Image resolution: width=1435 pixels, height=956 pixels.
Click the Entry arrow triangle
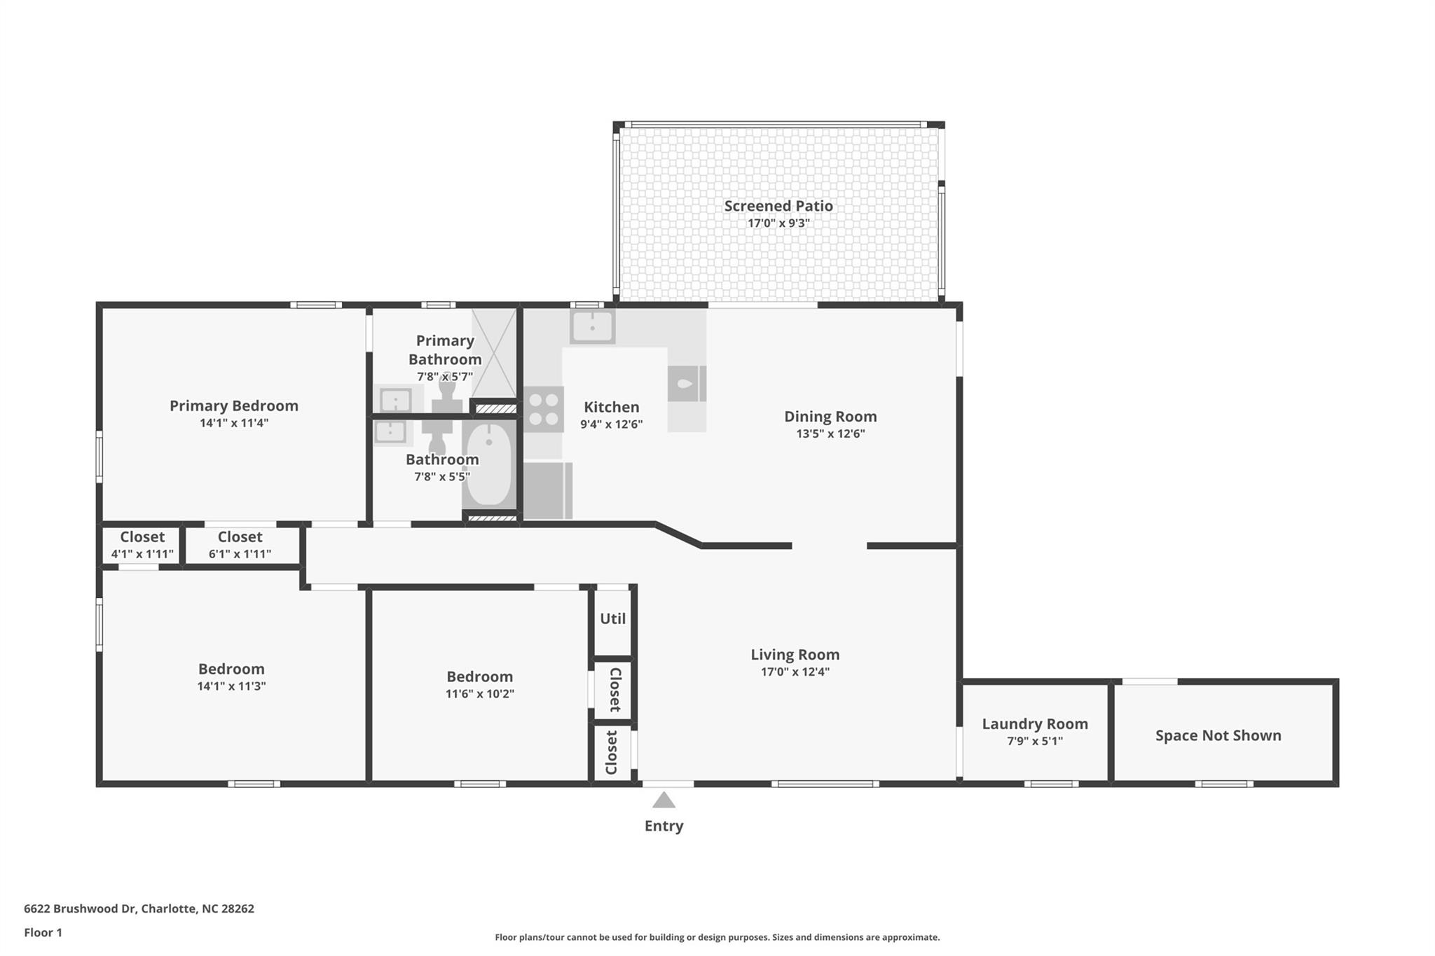pos(664,800)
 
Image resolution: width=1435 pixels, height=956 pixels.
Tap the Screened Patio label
pos(778,206)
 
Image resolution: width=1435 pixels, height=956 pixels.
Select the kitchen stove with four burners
pos(544,410)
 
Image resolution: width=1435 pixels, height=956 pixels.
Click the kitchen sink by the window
pos(592,326)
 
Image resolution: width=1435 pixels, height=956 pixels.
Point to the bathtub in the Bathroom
pos(488,464)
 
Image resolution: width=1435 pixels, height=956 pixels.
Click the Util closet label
pos(612,619)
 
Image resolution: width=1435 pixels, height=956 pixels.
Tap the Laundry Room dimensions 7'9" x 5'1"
pos(1034,742)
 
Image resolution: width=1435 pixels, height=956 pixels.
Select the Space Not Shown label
pos(1218,735)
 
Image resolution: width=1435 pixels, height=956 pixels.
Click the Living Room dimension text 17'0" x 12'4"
pos(795,672)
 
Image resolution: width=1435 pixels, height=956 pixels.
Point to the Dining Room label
pos(830,417)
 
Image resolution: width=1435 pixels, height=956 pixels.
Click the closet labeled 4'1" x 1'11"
pos(142,545)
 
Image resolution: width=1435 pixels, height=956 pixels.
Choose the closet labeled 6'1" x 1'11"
pos(240,545)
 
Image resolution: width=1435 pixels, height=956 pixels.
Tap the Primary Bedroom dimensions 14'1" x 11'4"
pos(234,423)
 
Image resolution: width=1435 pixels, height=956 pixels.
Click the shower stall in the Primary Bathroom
pos(494,354)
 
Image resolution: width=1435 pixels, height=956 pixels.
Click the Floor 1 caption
pos(43,933)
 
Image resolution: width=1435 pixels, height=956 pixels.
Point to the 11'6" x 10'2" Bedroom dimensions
pos(480,694)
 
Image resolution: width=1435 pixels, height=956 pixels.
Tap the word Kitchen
pos(612,407)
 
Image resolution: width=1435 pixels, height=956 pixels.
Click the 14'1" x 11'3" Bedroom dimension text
pos(231,686)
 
